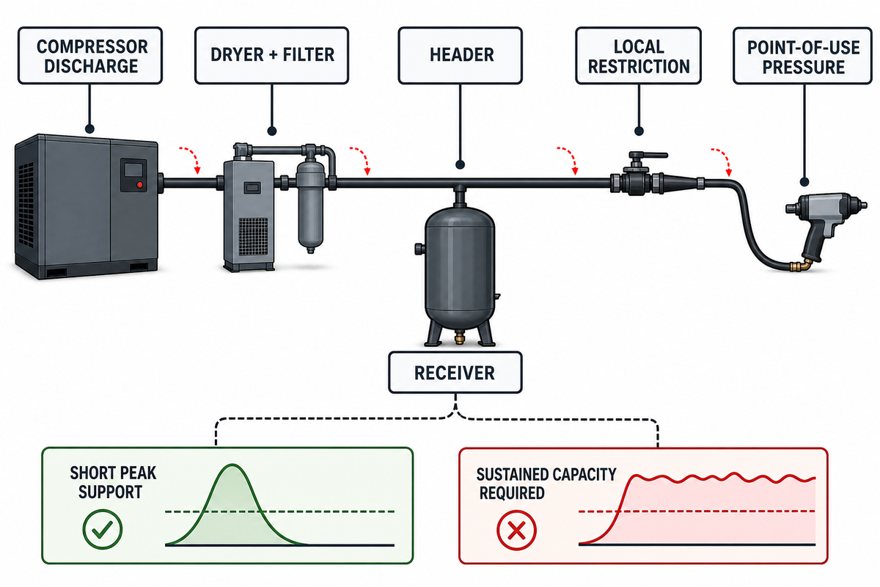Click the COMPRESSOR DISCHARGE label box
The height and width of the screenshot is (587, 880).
click(90, 56)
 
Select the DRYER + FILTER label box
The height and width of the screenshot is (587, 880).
click(272, 56)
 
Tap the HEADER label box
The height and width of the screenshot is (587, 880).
click(460, 56)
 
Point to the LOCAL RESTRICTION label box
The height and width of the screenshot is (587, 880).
click(639, 56)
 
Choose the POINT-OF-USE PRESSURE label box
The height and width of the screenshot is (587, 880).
click(803, 56)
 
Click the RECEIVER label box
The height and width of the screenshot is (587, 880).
click(455, 372)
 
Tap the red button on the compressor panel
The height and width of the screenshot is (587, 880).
click(139, 185)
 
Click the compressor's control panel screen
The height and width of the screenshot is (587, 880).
click(133, 169)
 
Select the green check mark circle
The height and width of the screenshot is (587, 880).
click(102, 529)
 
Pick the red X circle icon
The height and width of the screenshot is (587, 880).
click(516, 531)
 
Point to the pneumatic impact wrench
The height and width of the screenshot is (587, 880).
click(825, 225)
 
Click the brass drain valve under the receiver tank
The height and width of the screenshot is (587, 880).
click(459, 338)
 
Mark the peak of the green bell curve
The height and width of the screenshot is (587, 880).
click(233, 464)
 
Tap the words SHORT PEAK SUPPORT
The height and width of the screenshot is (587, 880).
click(113, 482)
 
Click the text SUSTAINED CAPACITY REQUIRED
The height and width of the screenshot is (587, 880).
click(546, 484)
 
